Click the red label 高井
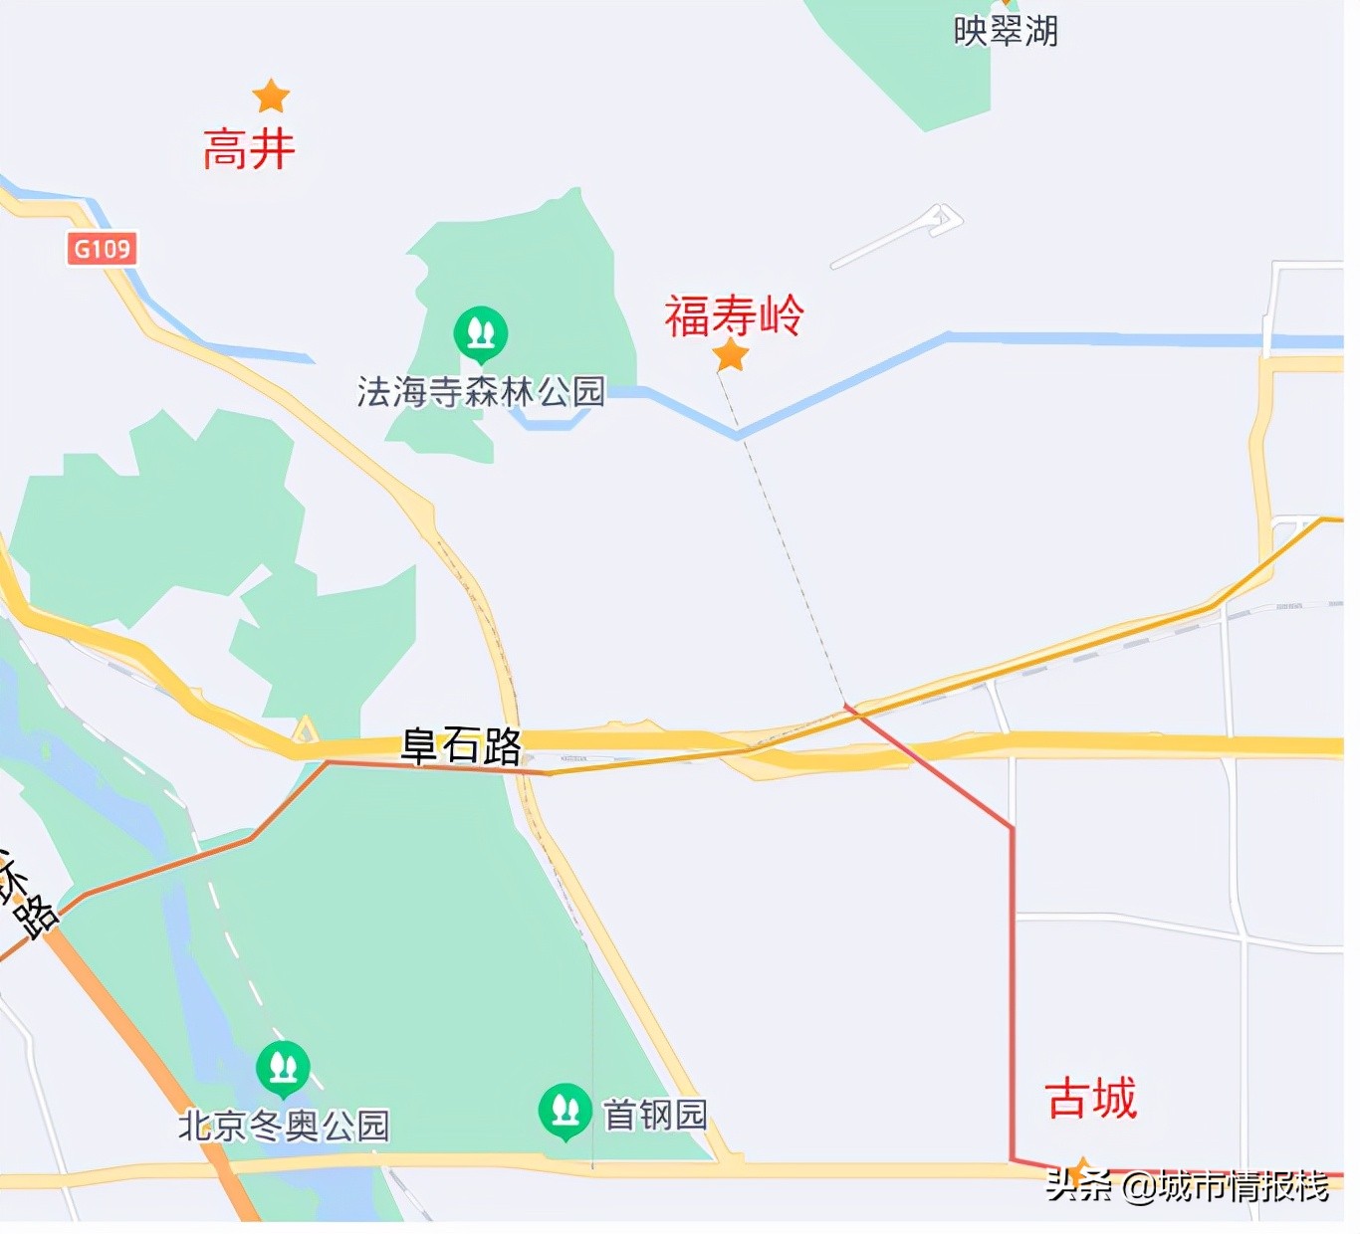pos(249,150)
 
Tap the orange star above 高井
pos(271,97)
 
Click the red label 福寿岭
pos(734,316)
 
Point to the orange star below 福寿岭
pos(731,354)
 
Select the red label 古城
pos(1091,1099)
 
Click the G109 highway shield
pos(103,248)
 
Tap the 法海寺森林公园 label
pos(481,392)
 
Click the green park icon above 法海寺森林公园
pos(481,332)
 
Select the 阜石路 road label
pos(461,744)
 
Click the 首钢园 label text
pos(655,1115)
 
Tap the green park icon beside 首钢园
pos(565,1110)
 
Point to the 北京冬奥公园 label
pos(284,1126)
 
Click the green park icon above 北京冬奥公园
pos(283,1068)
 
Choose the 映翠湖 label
pos(1006,31)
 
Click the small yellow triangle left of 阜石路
pos(305,731)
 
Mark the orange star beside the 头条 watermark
pos(1078,1170)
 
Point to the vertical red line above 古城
pos(1013,995)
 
